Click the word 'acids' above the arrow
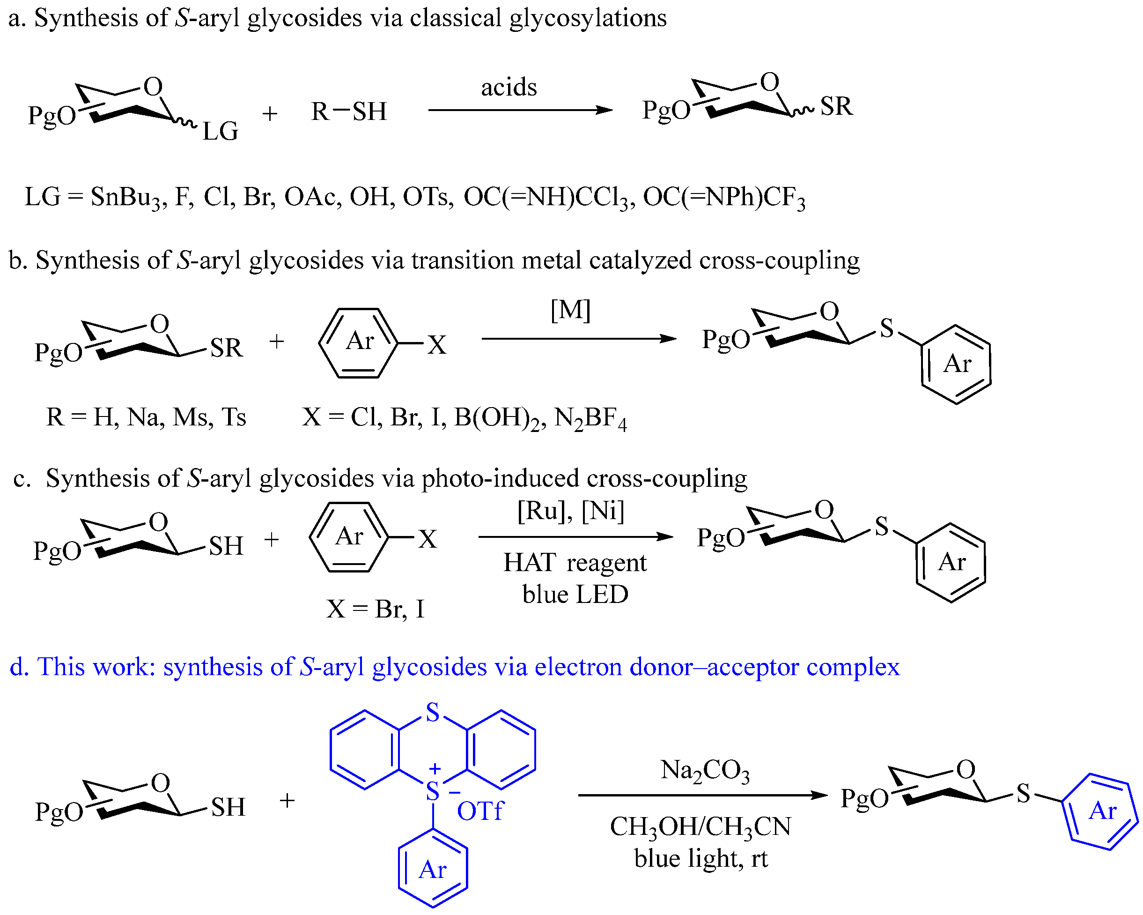[x=509, y=88]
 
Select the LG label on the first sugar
[x=220, y=131]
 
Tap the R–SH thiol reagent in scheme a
[x=348, y=112]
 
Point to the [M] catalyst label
[x=570, y=310]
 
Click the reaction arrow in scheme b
[x=578, y=338]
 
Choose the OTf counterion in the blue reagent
[x=480, y=811]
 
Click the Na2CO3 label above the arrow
[x=705, y=770]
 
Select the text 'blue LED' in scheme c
[x=575, y=595]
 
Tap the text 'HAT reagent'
[x=575, y=563]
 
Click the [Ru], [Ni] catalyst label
[x=570, y=511]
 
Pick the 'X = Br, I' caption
[x=376, y=609]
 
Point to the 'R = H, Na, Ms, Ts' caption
[x=146, y=417]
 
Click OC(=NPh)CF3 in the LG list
[x=723, y=198]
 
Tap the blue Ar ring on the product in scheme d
[x=1102, y=811]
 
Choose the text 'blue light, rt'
[x=701, y=858]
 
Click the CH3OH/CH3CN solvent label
[x=701, y=826]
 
